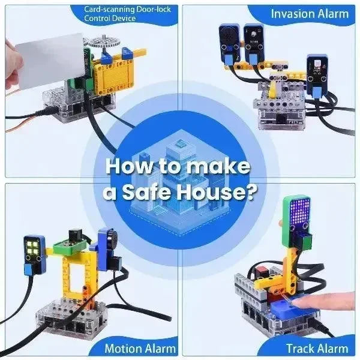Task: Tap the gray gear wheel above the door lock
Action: click(x=104, y=42)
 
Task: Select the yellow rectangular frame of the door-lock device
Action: click(x=114, y=76)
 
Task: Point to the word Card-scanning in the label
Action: click(x=109, y=10)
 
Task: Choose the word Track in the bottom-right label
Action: click(x=299, y=349)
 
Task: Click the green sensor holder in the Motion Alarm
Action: click(x=70, y=247)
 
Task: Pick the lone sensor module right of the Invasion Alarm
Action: click(x=317, y=74)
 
